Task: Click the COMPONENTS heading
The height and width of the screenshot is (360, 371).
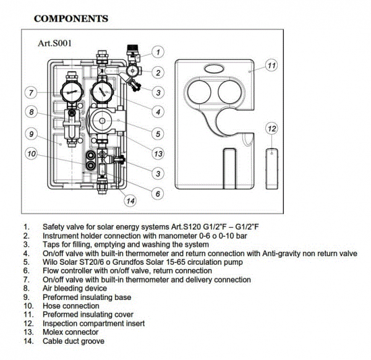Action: click(x=70, y=19)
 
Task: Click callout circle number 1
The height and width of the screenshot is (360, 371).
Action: click(x=158, y=52)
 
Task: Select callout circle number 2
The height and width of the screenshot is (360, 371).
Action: click(x=158, y=72)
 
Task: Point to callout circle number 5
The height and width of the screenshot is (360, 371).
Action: click(x=158, y=133)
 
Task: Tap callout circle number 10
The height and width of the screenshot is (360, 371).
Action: click(x=30, y=153)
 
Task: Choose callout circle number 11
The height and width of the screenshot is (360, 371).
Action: click(x=270, y=66)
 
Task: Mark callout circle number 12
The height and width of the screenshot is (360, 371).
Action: click(x=271, y=129)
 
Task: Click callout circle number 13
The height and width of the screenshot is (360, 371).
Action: click(x=158, y=153)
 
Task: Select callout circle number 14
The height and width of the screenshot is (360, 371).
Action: click(x=129, y=200)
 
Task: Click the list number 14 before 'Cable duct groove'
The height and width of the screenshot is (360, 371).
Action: click(x=26, y=341)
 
